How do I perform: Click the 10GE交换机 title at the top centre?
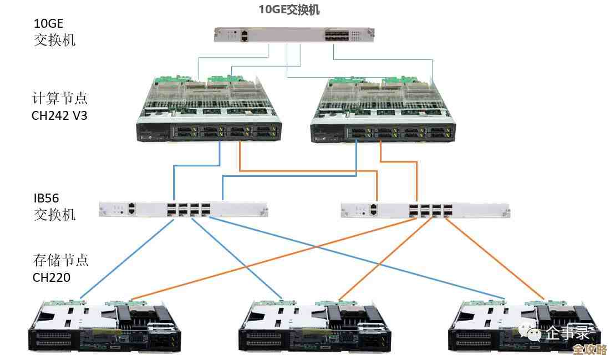pyautogui.click(x=289, y=9)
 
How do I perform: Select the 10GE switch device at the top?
pyautogui.click(x=294, y=35)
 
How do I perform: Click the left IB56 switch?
pyautogui.click(x=183, y=210)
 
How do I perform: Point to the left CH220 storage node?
pyautogui.click(x=105, y=327)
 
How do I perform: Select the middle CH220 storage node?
pyautogui.click(x=315, y=327)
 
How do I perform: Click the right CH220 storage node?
pyautogui.click(x=525, y=327)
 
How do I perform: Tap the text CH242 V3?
pyautogui.click(x=60, y=116)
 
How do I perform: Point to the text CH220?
pyautogui.click(x=52, y=277)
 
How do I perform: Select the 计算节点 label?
pyautogui.click(x=60, y=99)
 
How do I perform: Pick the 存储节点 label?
pyautogui.click(x=60, y=260)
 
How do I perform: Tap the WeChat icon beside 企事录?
pyautogui.click(x=532, y=332)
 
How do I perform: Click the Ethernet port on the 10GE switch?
pyautogui.click(x=244, y=36)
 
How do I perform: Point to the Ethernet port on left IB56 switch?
pyautogui.click(x=131, y=209)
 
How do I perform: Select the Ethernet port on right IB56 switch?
pyautogui.click(x=374, y=210)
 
